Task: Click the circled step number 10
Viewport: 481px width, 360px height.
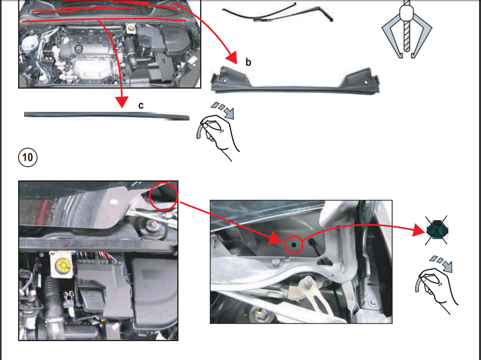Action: [28, 157]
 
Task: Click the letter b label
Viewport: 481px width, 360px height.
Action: [248, 62]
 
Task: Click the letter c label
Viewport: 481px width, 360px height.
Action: [141, 106]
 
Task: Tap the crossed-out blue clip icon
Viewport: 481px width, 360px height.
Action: [436, 230]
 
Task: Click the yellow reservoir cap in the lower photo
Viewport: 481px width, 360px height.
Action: [63, 265]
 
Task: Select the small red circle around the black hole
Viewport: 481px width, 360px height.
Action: [294, 245]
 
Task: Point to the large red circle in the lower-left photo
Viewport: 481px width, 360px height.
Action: [163, 196]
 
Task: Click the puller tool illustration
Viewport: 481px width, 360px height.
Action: [407, 29]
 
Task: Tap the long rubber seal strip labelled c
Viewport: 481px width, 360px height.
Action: [106, 116]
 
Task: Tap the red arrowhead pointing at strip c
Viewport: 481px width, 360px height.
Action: [122, 102]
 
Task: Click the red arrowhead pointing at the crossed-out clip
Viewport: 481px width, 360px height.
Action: [419, 230]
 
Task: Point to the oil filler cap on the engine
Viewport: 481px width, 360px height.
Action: [78, 48]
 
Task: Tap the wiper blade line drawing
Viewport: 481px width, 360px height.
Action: [278, 13]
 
